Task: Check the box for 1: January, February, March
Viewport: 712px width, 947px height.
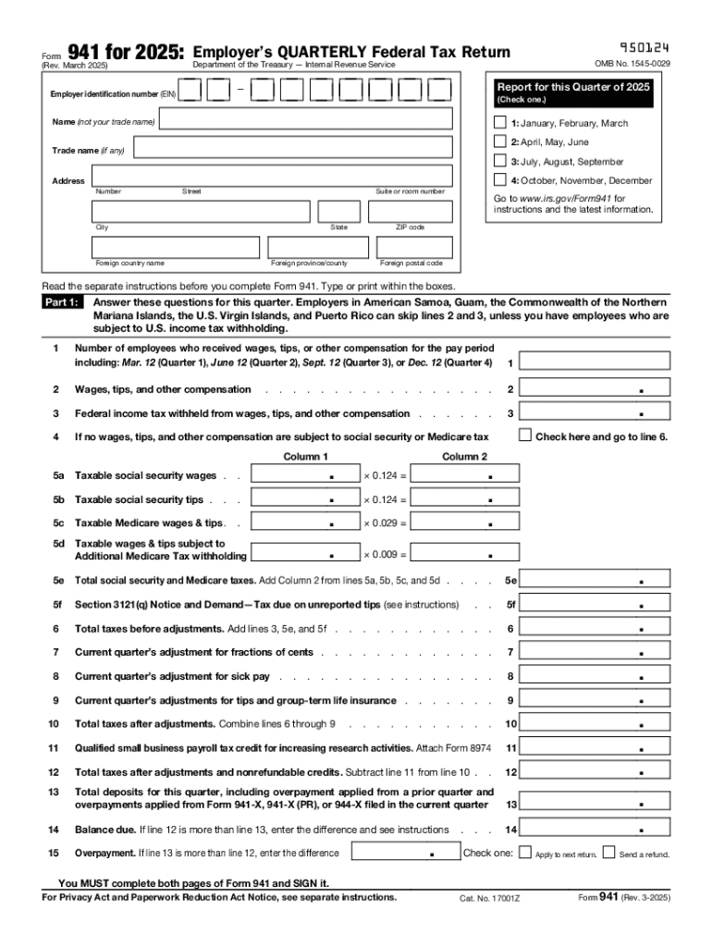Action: [500, 123]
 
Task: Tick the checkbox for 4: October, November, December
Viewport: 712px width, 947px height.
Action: [500, 180]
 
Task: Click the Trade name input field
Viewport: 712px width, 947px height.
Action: [291, 149]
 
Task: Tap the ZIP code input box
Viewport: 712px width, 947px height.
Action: [411, 212]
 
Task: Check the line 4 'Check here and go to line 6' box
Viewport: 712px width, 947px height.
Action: [525, 436]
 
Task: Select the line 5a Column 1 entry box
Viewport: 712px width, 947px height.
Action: [305, 475]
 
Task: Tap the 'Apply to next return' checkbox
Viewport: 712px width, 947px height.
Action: [525, 854]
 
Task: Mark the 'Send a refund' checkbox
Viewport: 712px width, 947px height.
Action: [608, 854]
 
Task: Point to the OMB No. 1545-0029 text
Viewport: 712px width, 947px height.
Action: [632, 64]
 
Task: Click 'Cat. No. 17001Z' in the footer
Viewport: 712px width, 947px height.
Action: [490, 898]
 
